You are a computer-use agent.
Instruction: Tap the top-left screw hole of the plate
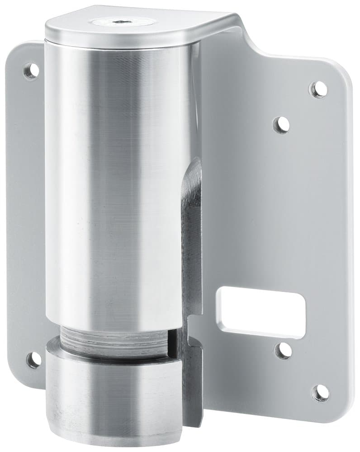[30, 71]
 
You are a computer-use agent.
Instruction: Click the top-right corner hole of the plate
[318, 89]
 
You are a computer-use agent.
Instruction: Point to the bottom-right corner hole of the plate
[321, 392]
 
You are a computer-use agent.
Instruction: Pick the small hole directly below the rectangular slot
[284, 350]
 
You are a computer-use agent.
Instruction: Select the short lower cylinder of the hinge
[113, 398]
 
